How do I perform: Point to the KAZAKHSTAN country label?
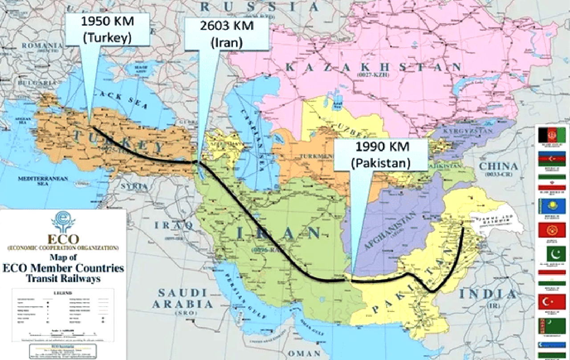tap(373, 68)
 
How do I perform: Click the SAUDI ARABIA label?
tap(183, 299)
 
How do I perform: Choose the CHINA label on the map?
tap(498, 166)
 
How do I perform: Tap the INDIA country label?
tap(488, 294)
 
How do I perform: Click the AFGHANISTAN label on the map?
tap(390, 231)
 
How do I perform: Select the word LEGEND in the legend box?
tap(62, 294)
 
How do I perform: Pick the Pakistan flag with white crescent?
tap(552, 255)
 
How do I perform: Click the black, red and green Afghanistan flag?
tap(552, 135)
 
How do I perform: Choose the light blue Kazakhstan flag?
tap(552, 206)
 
